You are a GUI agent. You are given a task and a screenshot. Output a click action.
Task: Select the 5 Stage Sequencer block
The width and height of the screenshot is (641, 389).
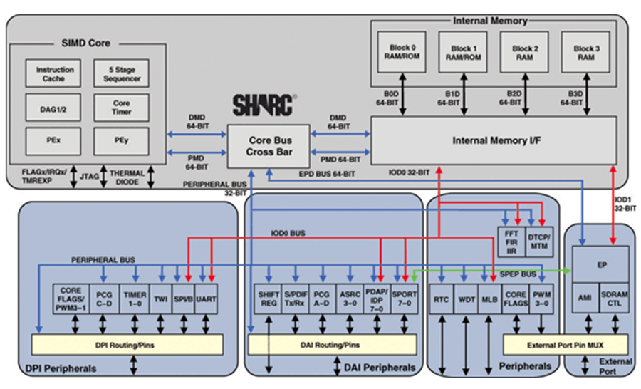click(121, 73)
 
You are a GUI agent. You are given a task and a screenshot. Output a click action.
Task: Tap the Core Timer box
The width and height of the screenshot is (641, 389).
click(121, 107)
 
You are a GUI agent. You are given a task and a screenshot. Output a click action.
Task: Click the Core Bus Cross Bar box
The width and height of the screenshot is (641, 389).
click(269, 146)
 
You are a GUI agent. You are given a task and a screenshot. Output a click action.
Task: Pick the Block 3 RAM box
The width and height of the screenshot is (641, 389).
click(585, 52)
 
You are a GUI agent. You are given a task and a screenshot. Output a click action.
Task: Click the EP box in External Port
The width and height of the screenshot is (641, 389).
click(601, 263)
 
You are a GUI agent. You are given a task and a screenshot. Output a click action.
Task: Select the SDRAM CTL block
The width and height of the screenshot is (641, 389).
click(615, 300)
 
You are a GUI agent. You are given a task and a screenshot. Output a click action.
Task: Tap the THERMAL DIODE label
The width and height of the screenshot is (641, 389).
click(129, 177)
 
